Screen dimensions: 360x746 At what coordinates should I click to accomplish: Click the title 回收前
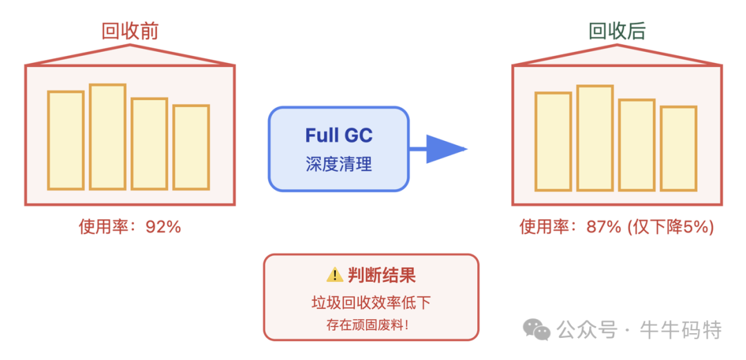coord(130,31)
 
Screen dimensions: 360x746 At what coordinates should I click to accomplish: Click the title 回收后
coord(617,31)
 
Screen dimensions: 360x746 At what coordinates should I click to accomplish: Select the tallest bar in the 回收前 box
coord(108,137)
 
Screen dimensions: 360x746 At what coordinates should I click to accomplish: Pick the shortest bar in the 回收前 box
coord(191,147)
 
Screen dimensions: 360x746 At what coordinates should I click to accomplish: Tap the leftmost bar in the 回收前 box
coord(66,140)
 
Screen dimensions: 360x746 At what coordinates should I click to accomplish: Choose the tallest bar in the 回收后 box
coord(595,138)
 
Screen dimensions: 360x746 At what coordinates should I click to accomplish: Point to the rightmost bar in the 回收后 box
coord(678,148)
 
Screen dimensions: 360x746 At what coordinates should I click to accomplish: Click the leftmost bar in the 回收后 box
coord(553,141)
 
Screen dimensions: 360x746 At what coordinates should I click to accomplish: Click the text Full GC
coord(338,135)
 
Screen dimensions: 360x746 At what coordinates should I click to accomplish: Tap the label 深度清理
coord(338,164)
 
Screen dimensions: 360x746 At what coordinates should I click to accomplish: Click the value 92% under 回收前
coord(163,227)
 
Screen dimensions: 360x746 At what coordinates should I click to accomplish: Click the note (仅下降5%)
coord(670,227)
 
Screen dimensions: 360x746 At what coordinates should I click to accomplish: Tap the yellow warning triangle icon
coord(334,275)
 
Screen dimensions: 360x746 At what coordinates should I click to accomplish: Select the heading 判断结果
coord(381,276)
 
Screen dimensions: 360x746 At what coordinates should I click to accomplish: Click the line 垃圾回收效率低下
coord(371,303)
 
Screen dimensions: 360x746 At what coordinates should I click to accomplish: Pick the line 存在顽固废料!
coord(367,325)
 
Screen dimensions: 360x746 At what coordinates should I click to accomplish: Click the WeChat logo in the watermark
coord(536,330)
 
